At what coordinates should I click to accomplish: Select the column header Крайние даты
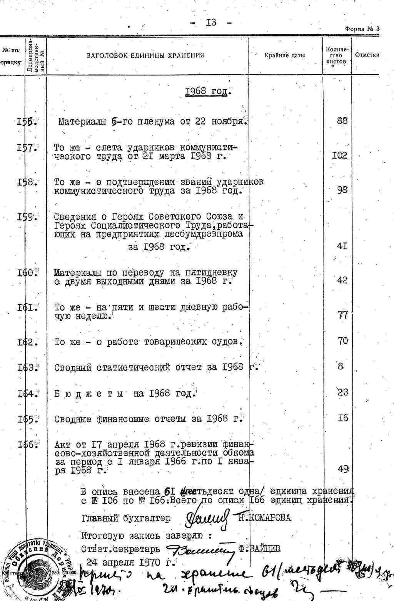(285, 55)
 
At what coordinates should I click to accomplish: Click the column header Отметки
(367, 55)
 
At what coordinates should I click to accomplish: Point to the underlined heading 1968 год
(207, 92)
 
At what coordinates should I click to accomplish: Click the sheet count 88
(342, 120)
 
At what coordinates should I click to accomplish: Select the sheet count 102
(340, 155)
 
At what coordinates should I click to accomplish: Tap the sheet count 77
(342, 315)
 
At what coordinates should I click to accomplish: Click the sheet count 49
(342, 469)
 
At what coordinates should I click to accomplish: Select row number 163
(27, 367)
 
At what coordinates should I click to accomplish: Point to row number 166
(27, 445)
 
